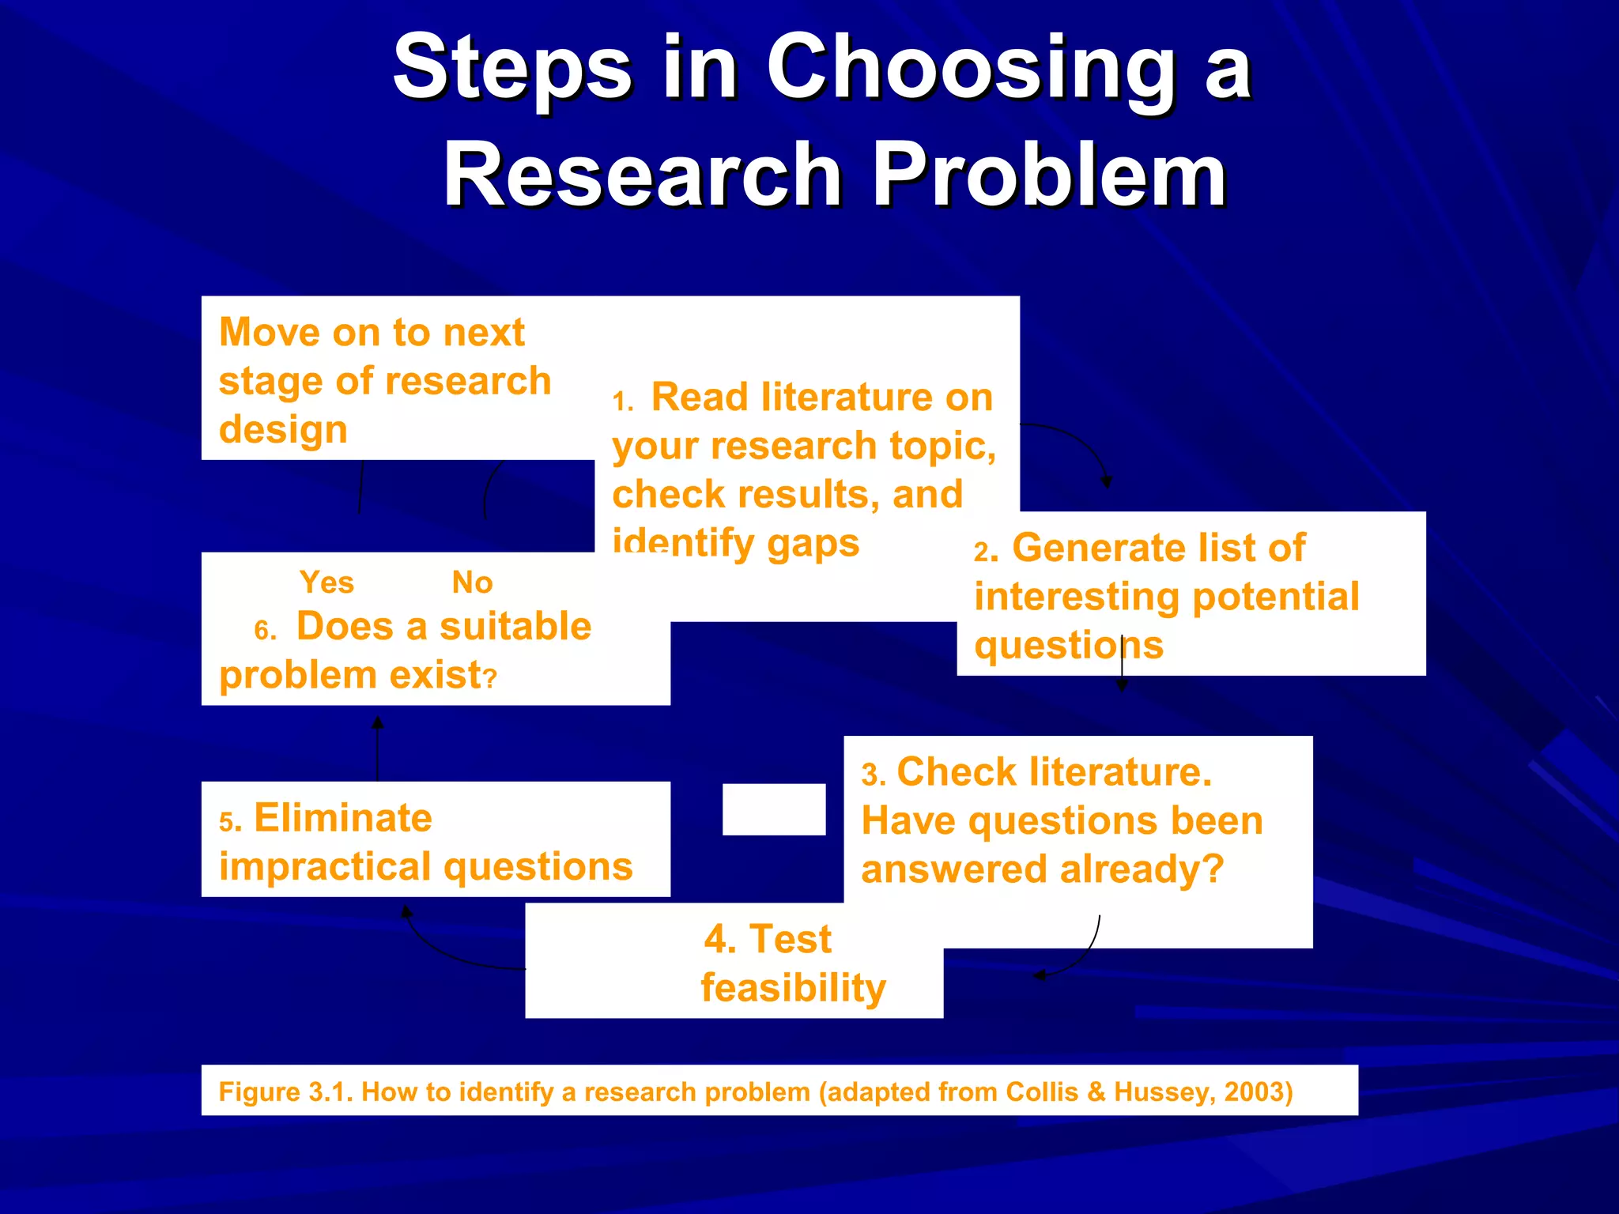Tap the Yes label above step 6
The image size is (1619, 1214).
[x=326, y=582]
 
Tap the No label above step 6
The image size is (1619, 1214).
[x=472, y=582]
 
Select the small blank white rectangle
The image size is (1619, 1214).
[x=773, y=809]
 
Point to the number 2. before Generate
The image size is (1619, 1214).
[x=985, y=552]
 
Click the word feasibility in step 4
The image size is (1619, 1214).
[x=793, y=988]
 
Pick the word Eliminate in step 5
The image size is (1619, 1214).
[x=342, y=818]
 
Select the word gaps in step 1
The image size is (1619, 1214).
[x=813, y=544]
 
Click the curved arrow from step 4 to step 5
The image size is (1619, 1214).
[x=443, y=952]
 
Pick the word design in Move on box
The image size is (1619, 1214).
[x=283, y=430]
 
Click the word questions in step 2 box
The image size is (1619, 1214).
[x=1068, y=646]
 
